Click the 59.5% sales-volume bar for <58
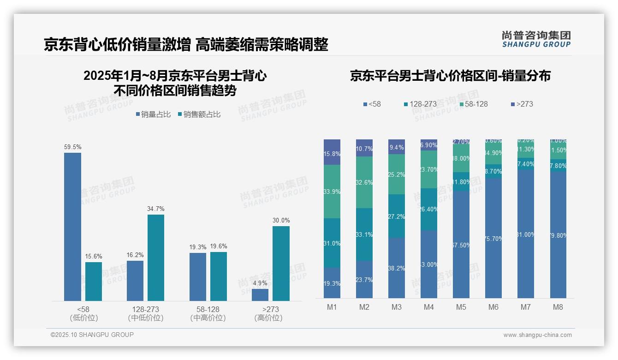click(72, 227)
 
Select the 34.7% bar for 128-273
click(156, 258)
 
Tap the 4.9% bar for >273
click(260, 295)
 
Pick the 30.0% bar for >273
click(281, 264)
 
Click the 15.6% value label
click(94, 256)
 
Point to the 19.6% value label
click(219, 246)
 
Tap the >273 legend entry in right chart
click(522, 104)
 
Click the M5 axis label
click(461, 307)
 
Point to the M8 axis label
click(558, 307)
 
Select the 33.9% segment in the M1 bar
click(332, 192)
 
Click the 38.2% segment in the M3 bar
click(397, 268)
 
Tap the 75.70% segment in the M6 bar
click(493, 238)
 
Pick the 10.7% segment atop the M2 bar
click(364, 148)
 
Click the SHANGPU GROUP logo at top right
click(536, 39)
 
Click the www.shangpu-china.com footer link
click(537, 335)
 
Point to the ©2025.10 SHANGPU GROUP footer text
click(92, 335)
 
